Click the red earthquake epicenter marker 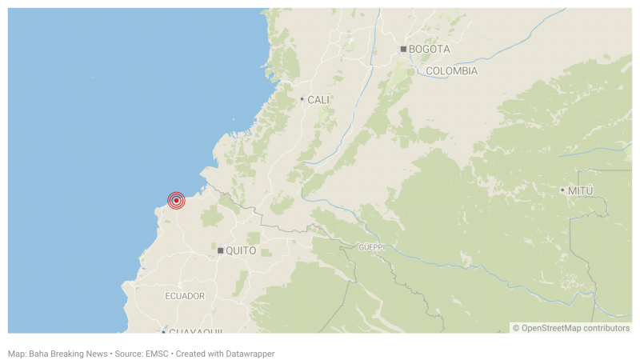point(176,201)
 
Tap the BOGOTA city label point(429,49)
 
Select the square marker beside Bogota point(403,49)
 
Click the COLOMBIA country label point(451,71)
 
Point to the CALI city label point(318,100)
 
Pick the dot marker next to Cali point(302,99)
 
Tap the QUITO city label point(241,250)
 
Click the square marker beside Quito point(220,250)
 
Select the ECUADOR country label point(185,296)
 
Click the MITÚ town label point(581,190)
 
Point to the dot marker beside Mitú point(562,190)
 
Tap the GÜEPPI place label point(371,247)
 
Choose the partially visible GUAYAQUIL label point(196,331)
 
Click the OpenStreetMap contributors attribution point(575,328)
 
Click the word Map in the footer point(16,353)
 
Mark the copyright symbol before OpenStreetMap point(516,328)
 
